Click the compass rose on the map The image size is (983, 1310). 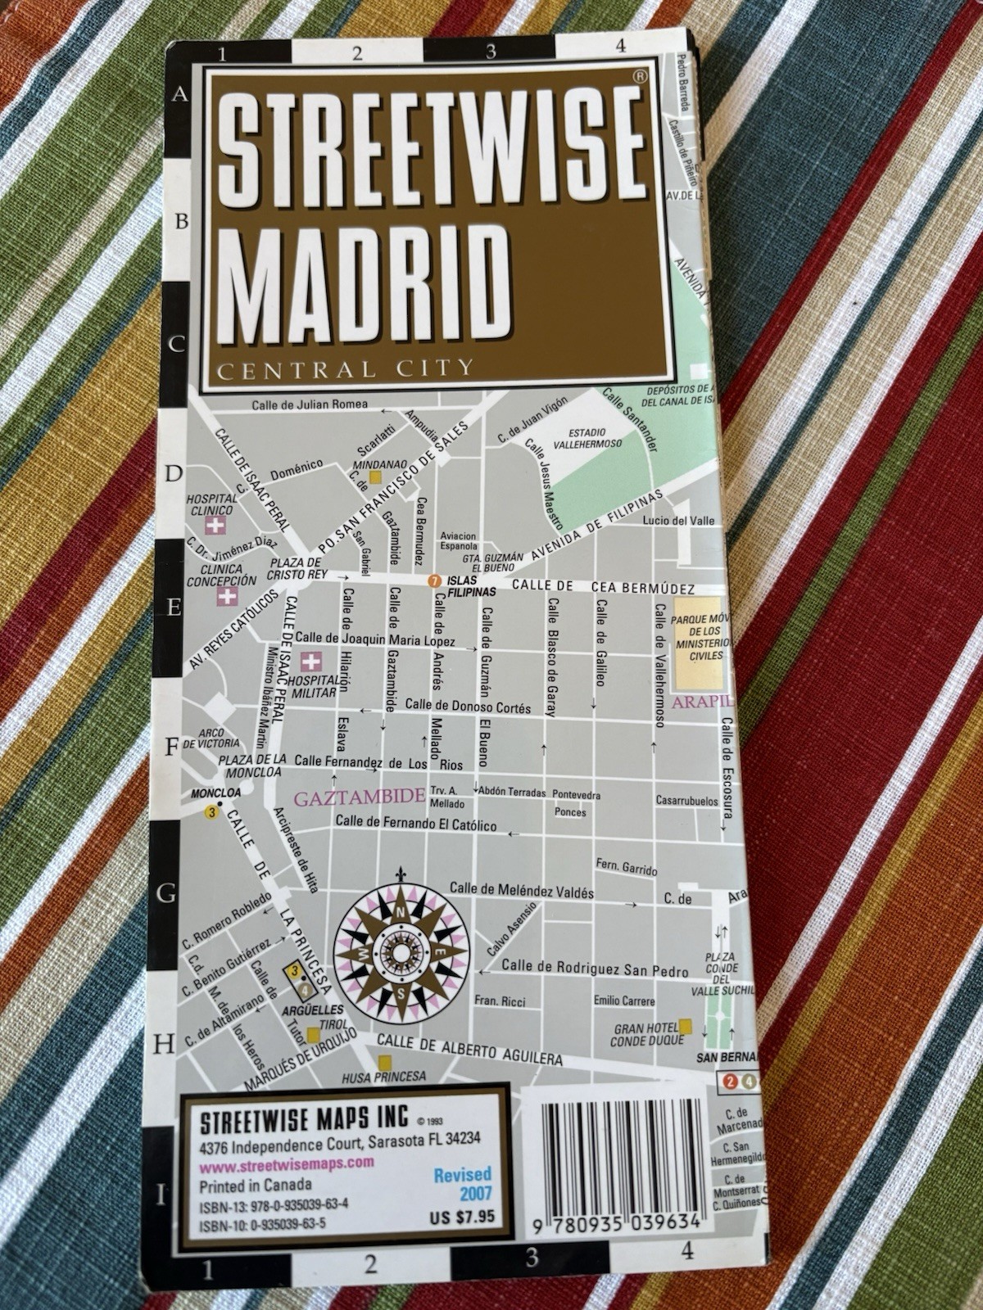click(401, 950)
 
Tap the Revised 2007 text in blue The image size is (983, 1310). click(464, 1183)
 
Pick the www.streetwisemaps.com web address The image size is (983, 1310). click(287, 1161)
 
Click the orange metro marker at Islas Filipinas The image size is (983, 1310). click(434, 581)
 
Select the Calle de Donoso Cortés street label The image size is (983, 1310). click(469, 707)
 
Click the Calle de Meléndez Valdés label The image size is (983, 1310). click(522, 892)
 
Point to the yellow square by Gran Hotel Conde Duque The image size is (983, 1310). click(685, 1026)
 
